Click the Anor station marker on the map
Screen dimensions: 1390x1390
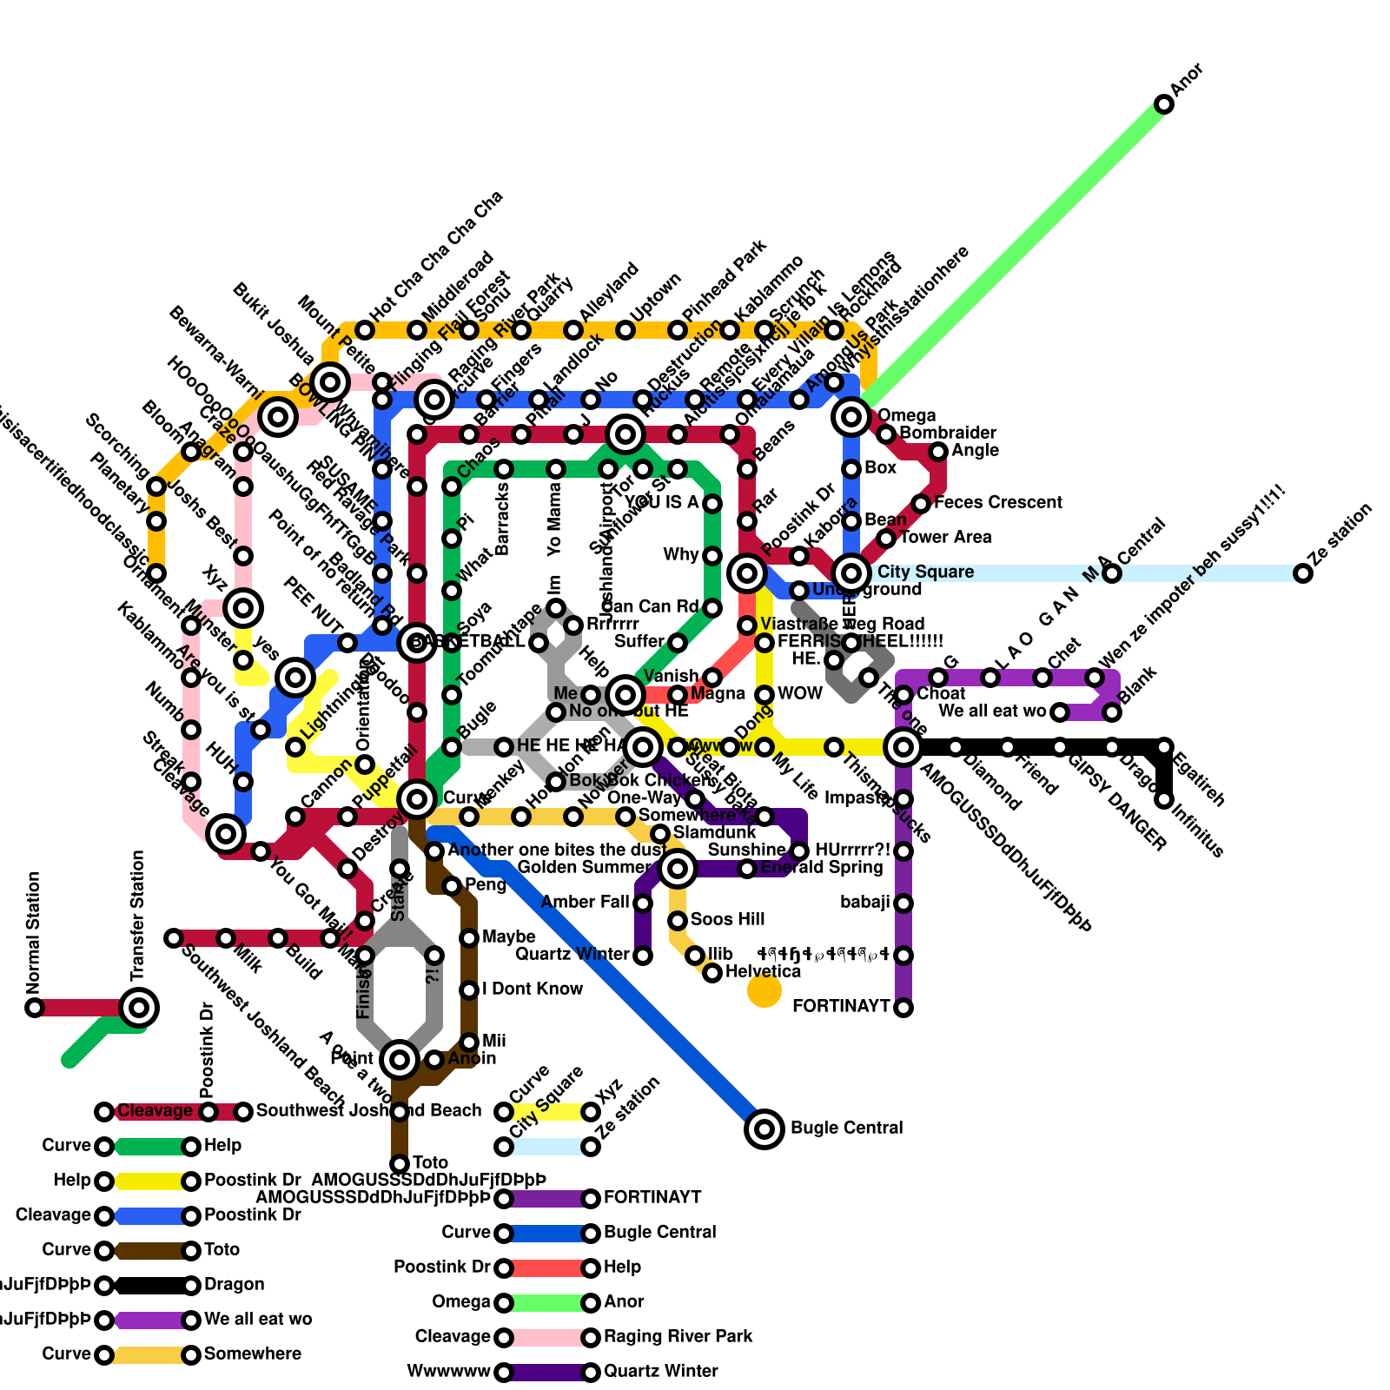(x=1164, y=104)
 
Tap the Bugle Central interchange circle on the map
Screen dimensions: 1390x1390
(x=764, y=1129)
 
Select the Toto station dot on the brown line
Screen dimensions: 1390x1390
(x=400, y=1163)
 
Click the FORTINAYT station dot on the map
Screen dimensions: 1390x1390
(x=903, y=1008)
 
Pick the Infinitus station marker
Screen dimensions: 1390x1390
(x=1164, y=799)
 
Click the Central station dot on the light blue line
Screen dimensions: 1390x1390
(x=1112, y=573)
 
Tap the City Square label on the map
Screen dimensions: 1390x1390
(x=925, y=572)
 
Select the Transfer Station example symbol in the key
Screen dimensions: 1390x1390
(x=139, y=1008)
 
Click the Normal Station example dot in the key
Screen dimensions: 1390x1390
(x=35, y=1008)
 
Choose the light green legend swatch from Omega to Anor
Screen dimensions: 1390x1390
(x=547, y=1302)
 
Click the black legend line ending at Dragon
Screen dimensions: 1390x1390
(x=148, y=1285)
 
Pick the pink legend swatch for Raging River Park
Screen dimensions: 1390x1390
(x=547, y=1337)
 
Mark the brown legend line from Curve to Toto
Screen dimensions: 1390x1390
(x=148, y=1250)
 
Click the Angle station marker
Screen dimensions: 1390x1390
(x=938, y=452)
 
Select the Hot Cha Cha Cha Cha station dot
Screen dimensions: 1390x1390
(x=365, y=330)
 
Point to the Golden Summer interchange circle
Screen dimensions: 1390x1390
(x=678, y=868)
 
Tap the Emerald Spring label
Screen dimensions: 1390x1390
(x=821, y=867)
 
